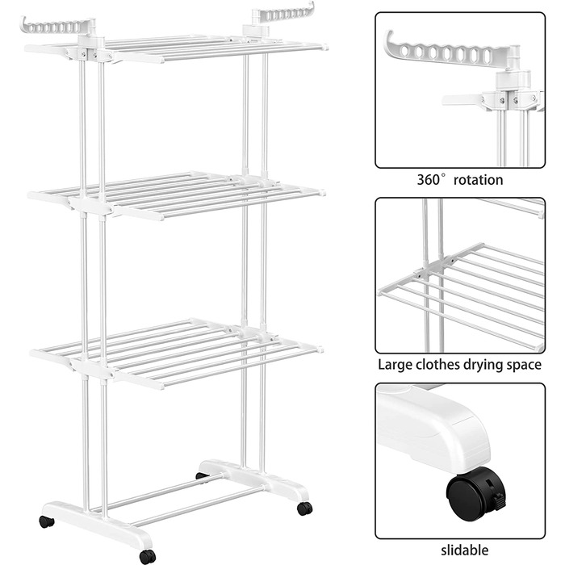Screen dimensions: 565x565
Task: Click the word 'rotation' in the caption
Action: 478,180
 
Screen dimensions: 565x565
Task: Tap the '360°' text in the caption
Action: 432,179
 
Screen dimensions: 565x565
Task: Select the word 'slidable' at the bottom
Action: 464,550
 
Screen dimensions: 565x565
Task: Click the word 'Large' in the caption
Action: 395,366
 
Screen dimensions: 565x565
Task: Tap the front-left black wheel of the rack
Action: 47,521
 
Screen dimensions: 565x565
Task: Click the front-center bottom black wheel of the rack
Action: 148,556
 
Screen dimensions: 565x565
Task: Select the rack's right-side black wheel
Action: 305,508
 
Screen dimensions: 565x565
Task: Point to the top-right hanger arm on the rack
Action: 284,14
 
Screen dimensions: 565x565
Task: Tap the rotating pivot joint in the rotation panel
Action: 512,80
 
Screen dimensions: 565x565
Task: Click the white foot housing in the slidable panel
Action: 433,428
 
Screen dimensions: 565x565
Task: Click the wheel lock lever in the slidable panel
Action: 498,502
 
